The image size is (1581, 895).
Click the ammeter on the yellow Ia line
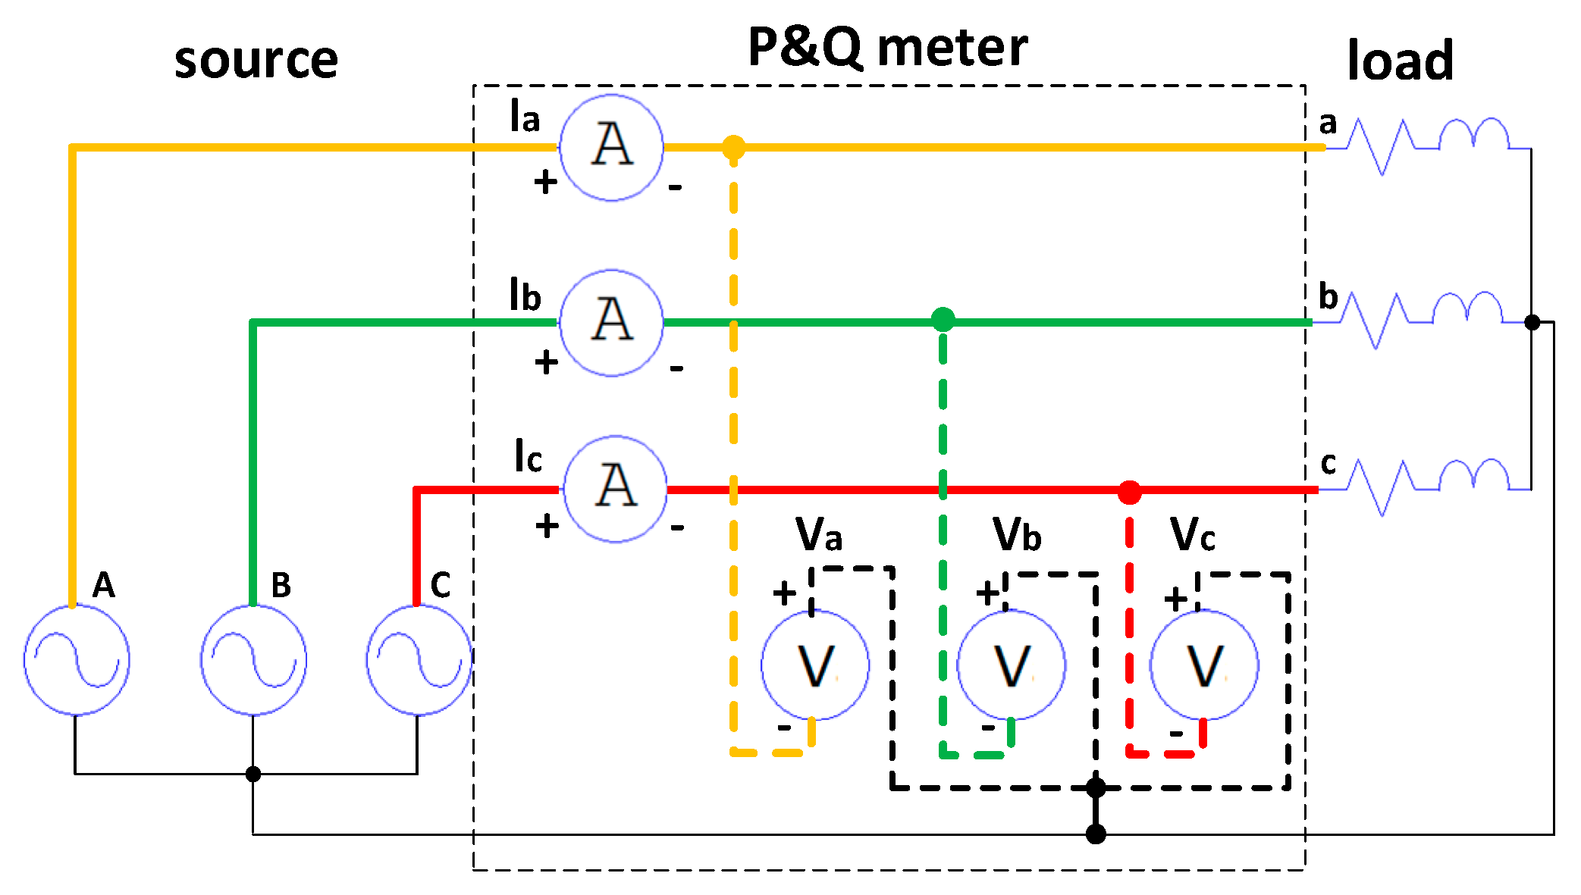click(611, 147)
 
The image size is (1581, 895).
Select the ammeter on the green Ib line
click(611, 322)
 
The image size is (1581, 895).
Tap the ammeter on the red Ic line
click(615, 489)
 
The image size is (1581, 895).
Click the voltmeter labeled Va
click(815, 665)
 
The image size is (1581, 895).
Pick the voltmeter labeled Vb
click(1012, 665)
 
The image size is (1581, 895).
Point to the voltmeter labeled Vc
click(1204, 665)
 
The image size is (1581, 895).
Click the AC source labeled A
click(77, 659)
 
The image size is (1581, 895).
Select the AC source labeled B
click(253, 659)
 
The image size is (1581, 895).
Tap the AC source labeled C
click(419, 659)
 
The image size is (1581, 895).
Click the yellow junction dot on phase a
click(733, 147)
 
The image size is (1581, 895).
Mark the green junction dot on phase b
click(943, 319)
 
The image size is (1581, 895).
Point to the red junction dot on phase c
click(1130, 492)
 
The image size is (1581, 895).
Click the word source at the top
click(256, 61)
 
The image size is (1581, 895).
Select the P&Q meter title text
click(887, 47)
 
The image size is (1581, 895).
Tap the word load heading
click(1400, 61)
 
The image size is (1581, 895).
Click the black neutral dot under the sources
click(253, 774)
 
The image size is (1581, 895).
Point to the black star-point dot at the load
click(1532, 322)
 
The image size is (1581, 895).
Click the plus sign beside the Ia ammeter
click(545, 182)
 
